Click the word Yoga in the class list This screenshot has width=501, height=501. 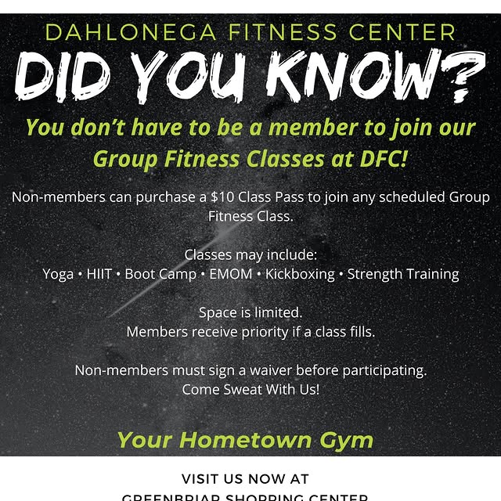pos(58,274)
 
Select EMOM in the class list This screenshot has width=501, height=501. pos(232,274)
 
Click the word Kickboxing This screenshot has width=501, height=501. pos(300,274)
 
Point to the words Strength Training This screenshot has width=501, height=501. pos(403,274)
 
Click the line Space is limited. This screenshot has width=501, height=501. pos(250,312)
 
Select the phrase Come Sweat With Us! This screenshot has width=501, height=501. pos(250,389)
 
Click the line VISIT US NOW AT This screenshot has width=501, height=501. pos(245,479)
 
